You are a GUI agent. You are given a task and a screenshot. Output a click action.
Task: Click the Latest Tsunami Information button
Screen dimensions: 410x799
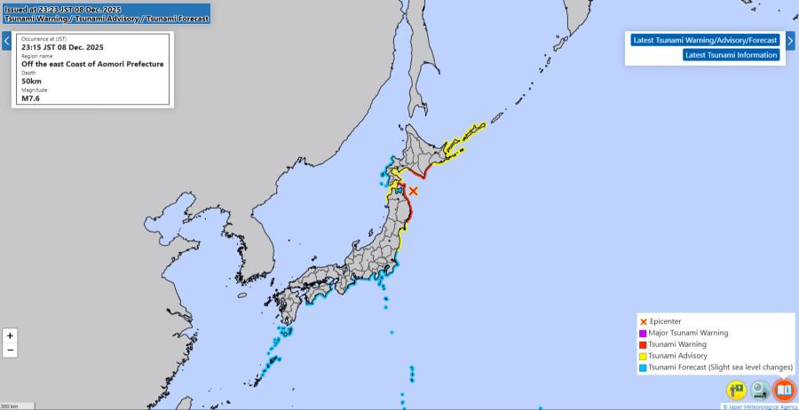pyautogui.click(x=732, y=55)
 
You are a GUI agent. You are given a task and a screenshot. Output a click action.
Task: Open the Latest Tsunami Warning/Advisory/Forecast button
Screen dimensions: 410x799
pyautogui.click(x=705, y=40)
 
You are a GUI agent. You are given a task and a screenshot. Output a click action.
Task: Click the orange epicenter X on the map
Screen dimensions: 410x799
pyautogui.click(x=413, y=190)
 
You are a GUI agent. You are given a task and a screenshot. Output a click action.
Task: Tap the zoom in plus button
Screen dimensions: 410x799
pyautogui.click(x=10, y=335)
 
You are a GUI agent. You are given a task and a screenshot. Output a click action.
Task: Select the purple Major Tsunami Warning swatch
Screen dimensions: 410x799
pyautogui.click(x=643, y=333)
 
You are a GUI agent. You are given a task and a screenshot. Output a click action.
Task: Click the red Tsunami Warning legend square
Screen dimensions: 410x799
pyautogui.click(x=643, y=344)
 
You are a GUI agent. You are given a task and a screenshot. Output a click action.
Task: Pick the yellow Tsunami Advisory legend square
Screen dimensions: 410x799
pyautogui.click(x=643, y=356)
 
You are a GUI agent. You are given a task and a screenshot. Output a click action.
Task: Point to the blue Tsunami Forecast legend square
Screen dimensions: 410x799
pyautogui.click(x=643, y=367)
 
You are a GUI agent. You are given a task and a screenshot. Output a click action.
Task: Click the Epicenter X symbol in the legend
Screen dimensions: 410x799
pyautogui.click(x=643, y=321)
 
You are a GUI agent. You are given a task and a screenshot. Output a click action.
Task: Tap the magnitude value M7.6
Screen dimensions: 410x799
pyautogui.click(x=32, y=98)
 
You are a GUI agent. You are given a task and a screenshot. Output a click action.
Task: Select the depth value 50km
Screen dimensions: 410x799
pyautogui.click(x=33, y=81)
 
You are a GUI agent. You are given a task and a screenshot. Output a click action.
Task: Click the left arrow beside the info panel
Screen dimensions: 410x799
pyautogui.click(x=6, y=41)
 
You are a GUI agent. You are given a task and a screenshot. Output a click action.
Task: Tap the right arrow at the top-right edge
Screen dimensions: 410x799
pyautogui.click(x=790, y=41)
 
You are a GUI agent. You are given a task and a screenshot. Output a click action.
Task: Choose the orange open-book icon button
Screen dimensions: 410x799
pyautogui.click(x=783, y=390)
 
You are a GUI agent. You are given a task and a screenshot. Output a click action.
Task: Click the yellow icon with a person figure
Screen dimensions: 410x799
pyautogui.click(x=737, y=390)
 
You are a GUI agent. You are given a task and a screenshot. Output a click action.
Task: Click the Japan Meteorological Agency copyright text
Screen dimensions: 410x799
pyautogui.click(x=759, y=406)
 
